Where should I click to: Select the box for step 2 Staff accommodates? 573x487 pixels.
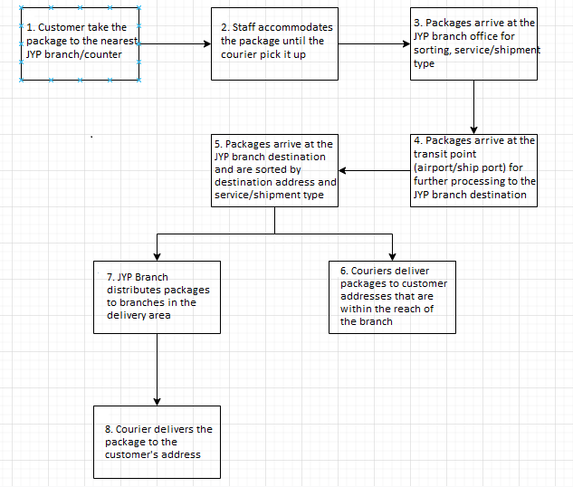click(x=274, y=43)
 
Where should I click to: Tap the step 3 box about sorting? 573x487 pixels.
click(x=473, y=43)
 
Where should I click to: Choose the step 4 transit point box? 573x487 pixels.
click(x=473, y=170)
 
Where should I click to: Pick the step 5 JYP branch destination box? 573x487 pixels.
click(x=274, y=170)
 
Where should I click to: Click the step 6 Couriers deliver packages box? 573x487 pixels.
click(x=392, y=297)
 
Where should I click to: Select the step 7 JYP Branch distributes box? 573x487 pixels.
click(x=157, y=297)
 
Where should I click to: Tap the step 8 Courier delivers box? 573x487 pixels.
click(x=157, y=442)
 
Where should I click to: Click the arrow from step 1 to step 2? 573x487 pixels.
click(x=176, y=43)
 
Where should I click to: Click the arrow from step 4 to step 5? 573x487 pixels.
click(x=374, y=170)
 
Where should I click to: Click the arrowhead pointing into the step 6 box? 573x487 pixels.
click(x=392, y=255)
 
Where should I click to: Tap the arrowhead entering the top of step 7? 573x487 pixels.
click(x=158, y=255)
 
